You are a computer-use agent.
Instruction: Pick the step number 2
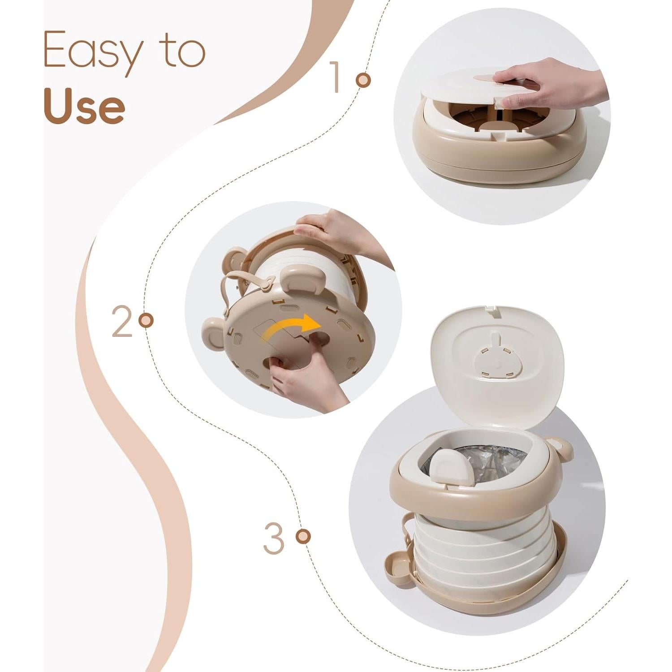pos(122,321)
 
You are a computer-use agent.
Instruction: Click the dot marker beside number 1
pos(363,80)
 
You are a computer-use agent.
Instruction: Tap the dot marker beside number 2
pos(146,320)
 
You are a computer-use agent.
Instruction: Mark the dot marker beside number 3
pos(303,536)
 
